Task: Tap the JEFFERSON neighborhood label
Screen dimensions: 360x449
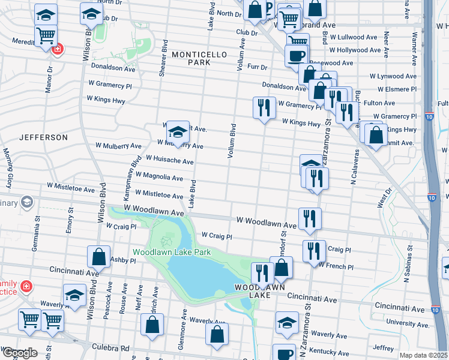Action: coord(43,137)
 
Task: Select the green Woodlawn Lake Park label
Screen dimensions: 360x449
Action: coord(172,252)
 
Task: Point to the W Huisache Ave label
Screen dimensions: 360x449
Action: coord(165,161)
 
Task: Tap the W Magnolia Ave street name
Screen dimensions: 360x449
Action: coord(159,177)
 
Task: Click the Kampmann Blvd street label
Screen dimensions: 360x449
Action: coord(131,179)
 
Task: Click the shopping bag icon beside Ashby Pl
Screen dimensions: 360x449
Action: coord(98,256)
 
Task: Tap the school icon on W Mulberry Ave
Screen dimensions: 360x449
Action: coord(178,132)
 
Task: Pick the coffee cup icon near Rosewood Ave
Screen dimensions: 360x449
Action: coord(296,55)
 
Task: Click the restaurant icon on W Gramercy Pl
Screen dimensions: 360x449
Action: coord(264,107)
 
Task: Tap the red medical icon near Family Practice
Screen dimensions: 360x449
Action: coord(26,286)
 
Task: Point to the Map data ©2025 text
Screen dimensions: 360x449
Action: coord(424,355)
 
